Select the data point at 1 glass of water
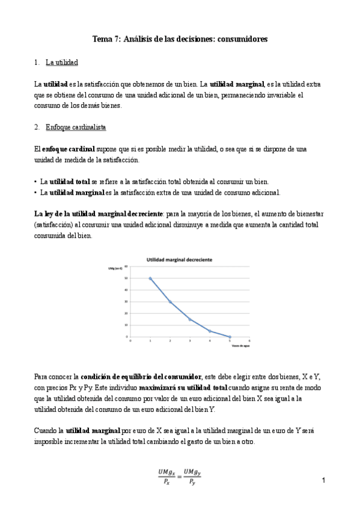tap(150, 278)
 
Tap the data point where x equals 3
tap(190, 319)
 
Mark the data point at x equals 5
tap(230, 337)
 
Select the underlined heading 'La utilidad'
tap(62, 62)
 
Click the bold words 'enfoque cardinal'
tap(68, 149)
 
